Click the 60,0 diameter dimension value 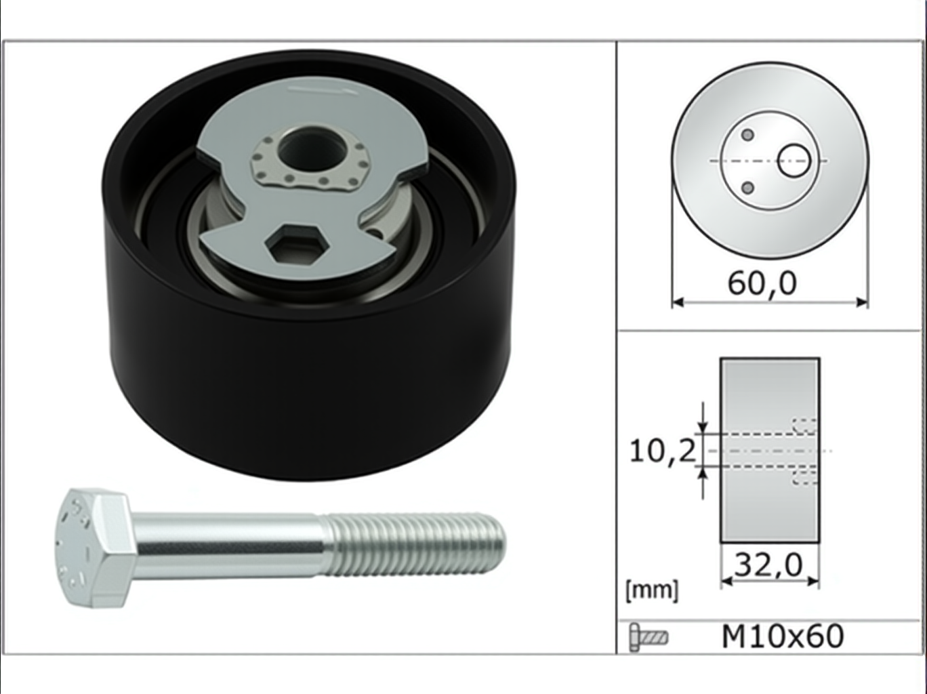pyautogui.click(x=762, y=284)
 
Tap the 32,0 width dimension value pyautogui.click(x=768, y=565)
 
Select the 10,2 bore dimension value pyautogui.click(x=662, y=451)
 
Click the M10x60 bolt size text pyautogui.click(x=783, y=636)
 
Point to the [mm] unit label pyautogui.click(x=652, y=590)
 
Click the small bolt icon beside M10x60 pyautogui.click(x=648, y=637)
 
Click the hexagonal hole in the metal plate pyautogui.click(x=297, y=243)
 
